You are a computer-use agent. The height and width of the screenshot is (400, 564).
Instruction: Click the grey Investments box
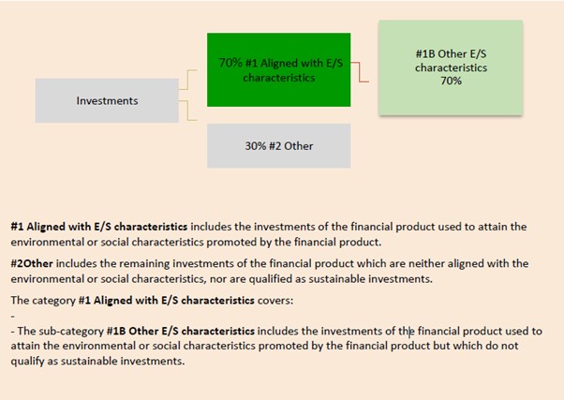point(107,101)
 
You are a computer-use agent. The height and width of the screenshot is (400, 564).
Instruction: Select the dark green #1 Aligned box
point(279,69)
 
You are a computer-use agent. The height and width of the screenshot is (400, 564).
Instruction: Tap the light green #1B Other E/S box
point(451,67)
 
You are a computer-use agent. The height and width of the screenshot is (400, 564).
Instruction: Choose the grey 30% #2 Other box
point(279,146)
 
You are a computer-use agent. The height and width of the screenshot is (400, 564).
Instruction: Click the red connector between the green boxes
point(360,72)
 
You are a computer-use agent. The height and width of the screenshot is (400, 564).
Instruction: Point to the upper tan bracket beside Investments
point(187,80)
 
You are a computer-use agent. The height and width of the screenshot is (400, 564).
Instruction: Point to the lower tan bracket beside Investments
point(187,111)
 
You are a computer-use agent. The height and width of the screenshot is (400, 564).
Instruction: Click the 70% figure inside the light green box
point(451,81)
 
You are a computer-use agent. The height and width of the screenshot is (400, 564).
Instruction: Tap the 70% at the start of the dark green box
point(230,63)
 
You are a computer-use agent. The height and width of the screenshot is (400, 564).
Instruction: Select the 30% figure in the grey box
point(256,146)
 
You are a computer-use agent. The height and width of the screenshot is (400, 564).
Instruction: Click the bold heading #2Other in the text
point(32,263)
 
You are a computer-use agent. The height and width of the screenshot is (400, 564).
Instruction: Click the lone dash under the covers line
point(13,317)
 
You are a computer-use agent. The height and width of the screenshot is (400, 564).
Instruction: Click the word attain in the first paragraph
point(489,227)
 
